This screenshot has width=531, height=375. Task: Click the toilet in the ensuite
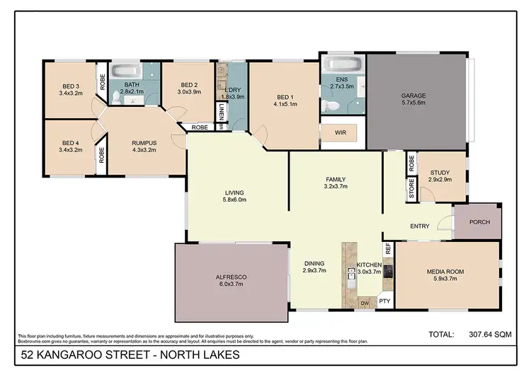tap(331, 105)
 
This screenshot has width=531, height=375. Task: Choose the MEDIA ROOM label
tap(445, 272)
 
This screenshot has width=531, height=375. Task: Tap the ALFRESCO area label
tap(232, 277)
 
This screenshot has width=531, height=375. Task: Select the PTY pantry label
tap(384, 301)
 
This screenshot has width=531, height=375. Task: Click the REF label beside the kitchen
tap(387, 249)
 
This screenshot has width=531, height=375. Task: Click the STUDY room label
tap(440, 173)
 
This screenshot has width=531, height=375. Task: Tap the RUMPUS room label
tap(144, 143)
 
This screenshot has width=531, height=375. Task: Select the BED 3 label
tap(72, 86)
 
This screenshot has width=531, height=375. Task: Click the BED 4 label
tap(72, 143)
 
